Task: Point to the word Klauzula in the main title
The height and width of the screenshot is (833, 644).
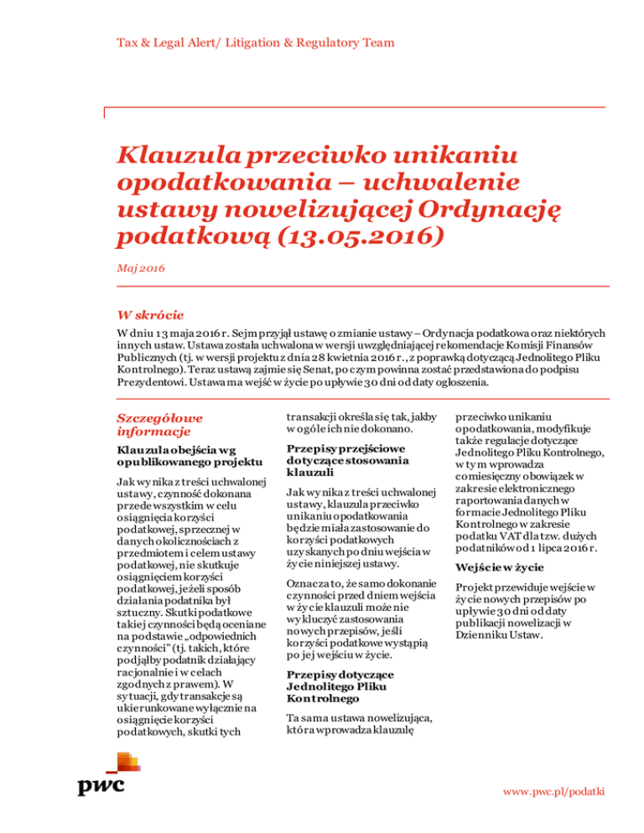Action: point(179,156)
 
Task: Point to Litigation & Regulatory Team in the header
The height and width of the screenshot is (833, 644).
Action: point(305,42)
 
